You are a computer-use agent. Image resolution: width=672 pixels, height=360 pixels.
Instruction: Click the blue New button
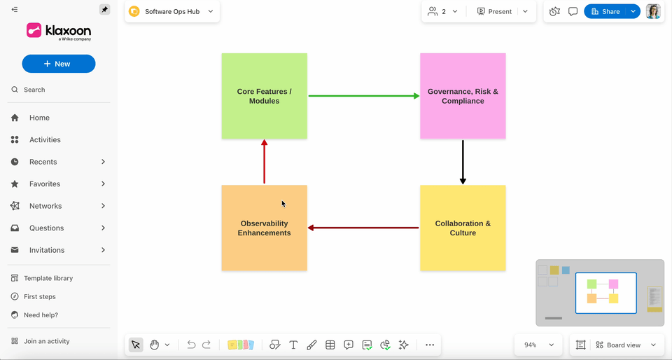pos(58,64)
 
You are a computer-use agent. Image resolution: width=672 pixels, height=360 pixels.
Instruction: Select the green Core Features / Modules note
pos(264,96)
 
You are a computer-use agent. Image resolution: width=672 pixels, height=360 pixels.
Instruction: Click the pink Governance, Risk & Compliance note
pos(463,96)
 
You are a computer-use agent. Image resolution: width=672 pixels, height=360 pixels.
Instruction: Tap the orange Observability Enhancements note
pos(264,228)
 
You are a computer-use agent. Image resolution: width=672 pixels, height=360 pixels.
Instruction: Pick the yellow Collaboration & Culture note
pos(463,228)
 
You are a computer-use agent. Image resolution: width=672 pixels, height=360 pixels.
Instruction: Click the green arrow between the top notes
pos(363,96)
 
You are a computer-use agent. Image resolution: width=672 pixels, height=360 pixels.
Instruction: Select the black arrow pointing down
pos(463,161)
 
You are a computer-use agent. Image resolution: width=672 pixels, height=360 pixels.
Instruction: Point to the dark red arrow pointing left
pos(363,228)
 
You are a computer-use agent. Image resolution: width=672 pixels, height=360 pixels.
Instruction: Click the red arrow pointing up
pos(264,161)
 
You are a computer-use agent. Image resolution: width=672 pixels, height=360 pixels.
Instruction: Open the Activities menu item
pos(45,140)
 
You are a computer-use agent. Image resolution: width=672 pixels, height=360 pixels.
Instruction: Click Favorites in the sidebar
pos(45,184)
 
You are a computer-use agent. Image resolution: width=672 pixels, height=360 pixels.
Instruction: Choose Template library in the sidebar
pos(48,278)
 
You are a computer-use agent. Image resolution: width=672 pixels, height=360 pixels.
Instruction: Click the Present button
pos(494,11)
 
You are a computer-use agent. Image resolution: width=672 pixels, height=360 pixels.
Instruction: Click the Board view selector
pos(624,345)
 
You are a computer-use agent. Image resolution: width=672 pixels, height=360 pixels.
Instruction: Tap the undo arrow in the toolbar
pos(191,345)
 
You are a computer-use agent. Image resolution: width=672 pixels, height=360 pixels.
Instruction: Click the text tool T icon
pos(293,345)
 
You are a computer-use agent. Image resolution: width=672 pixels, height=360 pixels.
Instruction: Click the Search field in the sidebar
pos(34,90)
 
